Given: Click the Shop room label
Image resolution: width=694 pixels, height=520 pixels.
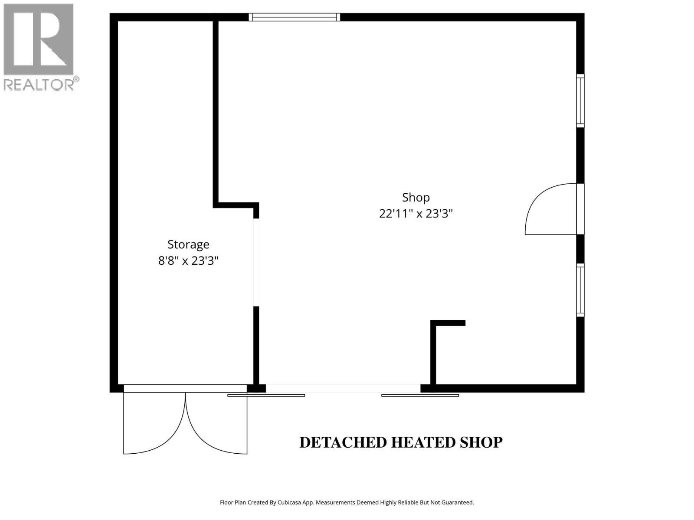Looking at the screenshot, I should tap(416, 198).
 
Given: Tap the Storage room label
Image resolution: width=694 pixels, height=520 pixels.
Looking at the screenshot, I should tap(188, 244).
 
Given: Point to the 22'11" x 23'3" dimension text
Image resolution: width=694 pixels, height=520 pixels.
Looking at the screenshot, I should tap(416, 214).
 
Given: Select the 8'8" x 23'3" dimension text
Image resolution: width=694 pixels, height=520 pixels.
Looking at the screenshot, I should tap(188, 261).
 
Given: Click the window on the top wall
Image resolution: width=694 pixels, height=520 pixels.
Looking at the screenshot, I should tap(295, 17).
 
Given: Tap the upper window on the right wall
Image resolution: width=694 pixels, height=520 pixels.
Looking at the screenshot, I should tap(580, 101).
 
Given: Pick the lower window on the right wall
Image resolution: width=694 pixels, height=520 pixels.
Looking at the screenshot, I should tap(580, 290).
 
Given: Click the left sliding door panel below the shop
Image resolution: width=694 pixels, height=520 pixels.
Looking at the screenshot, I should tap(266, 395).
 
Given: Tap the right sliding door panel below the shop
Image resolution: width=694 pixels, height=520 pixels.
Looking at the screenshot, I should tap(420, 395).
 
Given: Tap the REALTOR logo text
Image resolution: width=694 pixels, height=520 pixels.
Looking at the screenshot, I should tap(39, 84).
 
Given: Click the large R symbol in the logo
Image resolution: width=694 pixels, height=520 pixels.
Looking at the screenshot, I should tap(38, 39).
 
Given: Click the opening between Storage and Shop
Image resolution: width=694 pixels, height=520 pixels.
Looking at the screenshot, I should tap(256, 262).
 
